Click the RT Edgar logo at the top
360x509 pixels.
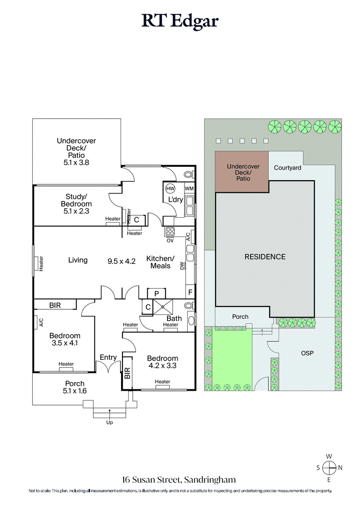(x=180, y=21)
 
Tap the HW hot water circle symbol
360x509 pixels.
(x=170, y=188)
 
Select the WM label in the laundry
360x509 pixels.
(x=189, y=188)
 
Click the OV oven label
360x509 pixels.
(x=170, y=241)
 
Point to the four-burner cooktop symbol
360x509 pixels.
(x=171, y=232)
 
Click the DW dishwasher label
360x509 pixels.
(x=182, y=266)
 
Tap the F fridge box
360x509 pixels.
(x=190, y=291)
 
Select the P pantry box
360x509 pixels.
(x=156, y=293)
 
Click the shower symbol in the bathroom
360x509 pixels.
(x=163, y=306)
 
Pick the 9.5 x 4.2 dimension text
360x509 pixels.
(x=121, y=260)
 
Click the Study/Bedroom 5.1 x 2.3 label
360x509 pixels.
(x=79, y=204)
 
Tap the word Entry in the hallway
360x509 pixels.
(x=108, y=357)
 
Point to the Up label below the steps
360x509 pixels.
(x=109, y=422)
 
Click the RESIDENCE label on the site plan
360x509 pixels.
(x=265, y=257)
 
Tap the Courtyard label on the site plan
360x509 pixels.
(x=288, y=168)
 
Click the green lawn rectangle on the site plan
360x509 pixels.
(x=232, y=355)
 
